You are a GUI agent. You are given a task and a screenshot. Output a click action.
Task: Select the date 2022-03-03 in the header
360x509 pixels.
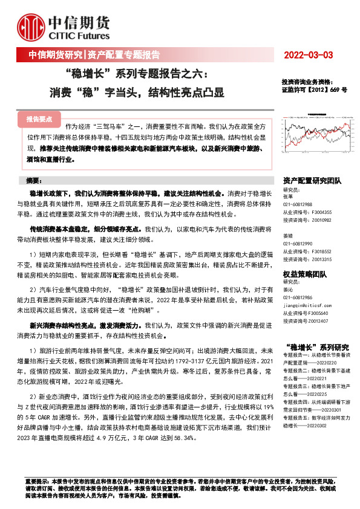click(x=309, y=56)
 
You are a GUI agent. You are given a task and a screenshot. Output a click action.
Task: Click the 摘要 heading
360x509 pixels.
click(x=36, y=181)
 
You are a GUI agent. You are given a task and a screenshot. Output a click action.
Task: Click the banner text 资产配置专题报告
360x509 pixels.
click(x=123, y=56)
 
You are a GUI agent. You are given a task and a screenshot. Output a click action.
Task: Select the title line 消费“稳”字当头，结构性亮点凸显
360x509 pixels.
click(x=137, y=93)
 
